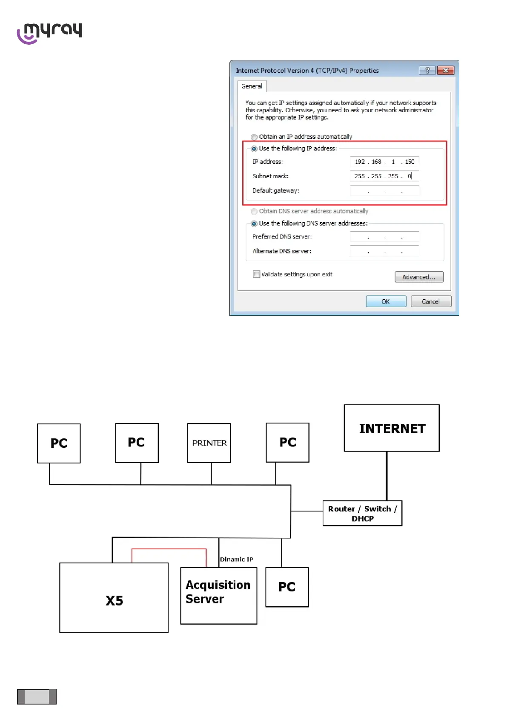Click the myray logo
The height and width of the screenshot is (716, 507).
click(x=49, y=33)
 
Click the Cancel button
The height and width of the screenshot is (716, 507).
click(x=430, y=301)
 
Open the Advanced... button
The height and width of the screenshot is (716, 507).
click(x=419, y=277)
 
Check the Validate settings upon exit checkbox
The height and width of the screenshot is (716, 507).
click(x=256, y=274)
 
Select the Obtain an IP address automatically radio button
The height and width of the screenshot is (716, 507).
click(x=254, y=137)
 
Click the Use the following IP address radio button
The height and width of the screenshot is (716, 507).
click(x=254, y=148)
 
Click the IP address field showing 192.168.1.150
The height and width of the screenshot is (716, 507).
click(x=384, y=162)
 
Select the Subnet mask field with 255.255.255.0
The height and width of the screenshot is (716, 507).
click(x=384, y=176)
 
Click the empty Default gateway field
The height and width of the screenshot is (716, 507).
click(x=384, y=190)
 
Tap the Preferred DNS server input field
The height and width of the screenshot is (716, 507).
click(x=384, y=236)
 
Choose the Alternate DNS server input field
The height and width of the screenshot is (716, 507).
click(x=384, y=251)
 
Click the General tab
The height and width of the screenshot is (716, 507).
click(x=252, y=86)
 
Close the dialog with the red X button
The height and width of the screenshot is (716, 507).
click(x=445, y=71)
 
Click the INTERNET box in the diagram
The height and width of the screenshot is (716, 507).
click(x=392, y=428)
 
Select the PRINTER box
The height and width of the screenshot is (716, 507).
click(x=209, y=443)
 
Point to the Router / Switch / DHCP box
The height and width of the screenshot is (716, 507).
click(x=362, y=513)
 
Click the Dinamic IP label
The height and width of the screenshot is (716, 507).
click(x=237, y=560)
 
